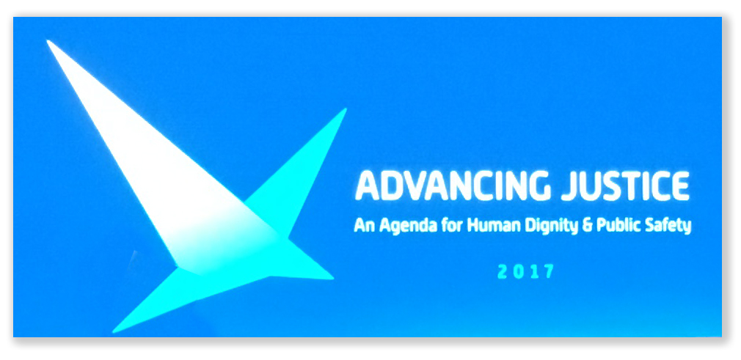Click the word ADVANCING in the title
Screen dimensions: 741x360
(452, 185)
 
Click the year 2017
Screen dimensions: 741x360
(525, 272)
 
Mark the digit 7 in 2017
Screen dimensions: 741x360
(547, 272)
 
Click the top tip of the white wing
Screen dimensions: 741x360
(48, 42)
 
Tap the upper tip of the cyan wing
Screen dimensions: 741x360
(346, 109)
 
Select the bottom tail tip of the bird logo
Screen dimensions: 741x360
(114, 331)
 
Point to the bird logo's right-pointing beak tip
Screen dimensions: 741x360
(332, 278)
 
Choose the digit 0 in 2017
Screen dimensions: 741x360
(518, 272)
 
